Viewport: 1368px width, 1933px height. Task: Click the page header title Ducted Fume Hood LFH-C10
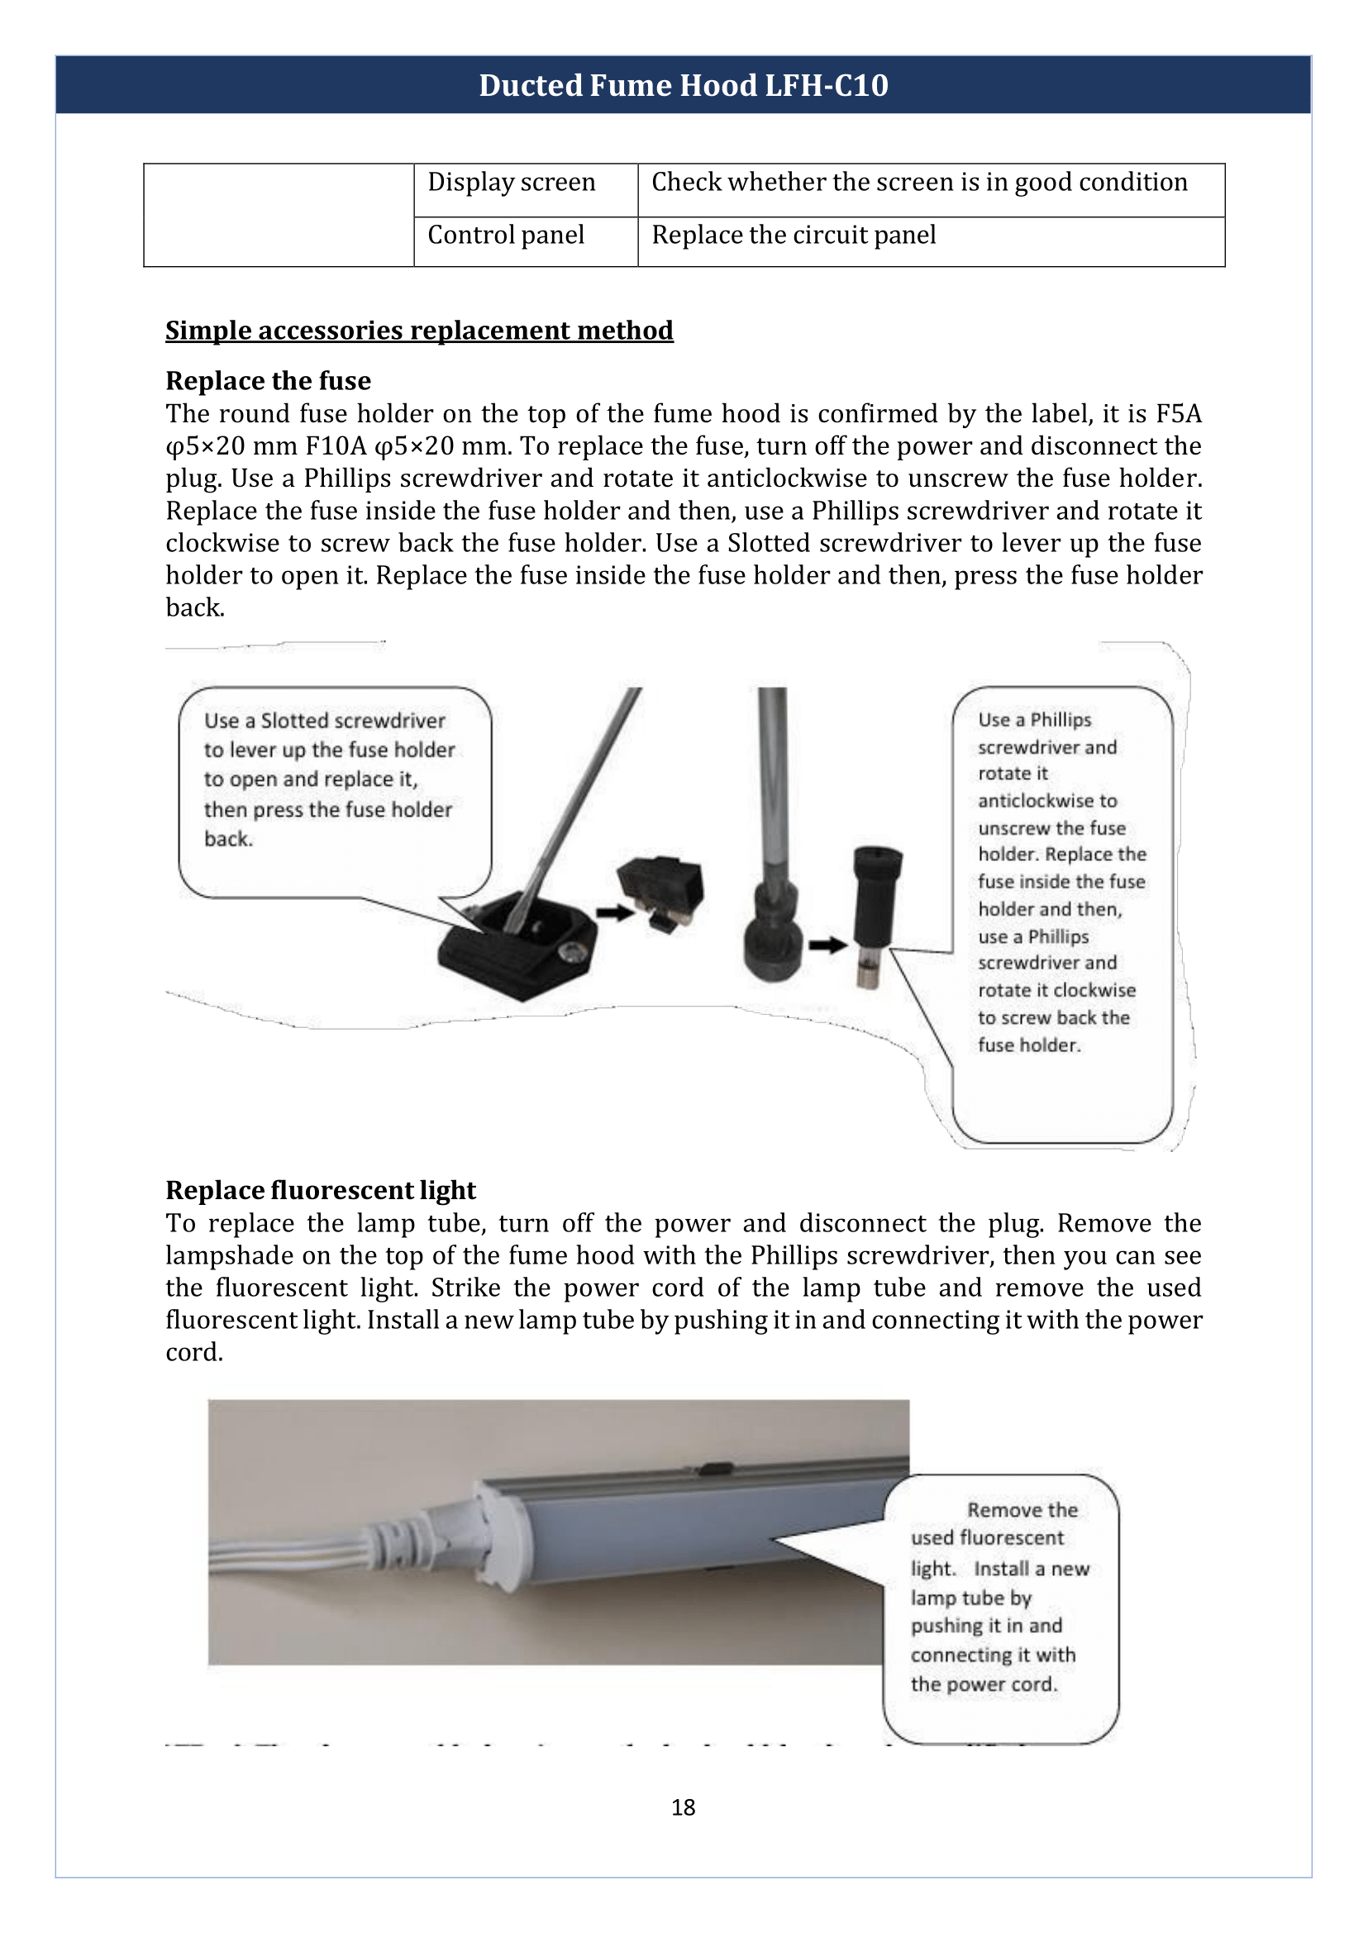[683, 85]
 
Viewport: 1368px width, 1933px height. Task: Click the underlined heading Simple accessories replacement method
[418, 331]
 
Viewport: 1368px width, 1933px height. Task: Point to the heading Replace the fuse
[268, 381]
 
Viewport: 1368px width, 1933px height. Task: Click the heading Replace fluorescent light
[320, 1190]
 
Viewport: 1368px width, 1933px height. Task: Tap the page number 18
[683, 1807]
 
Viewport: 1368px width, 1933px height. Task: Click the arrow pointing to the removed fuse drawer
[615, 912]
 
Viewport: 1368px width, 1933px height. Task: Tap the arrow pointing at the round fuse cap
[828, 945]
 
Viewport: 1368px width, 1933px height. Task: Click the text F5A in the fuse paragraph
[1179, 413]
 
